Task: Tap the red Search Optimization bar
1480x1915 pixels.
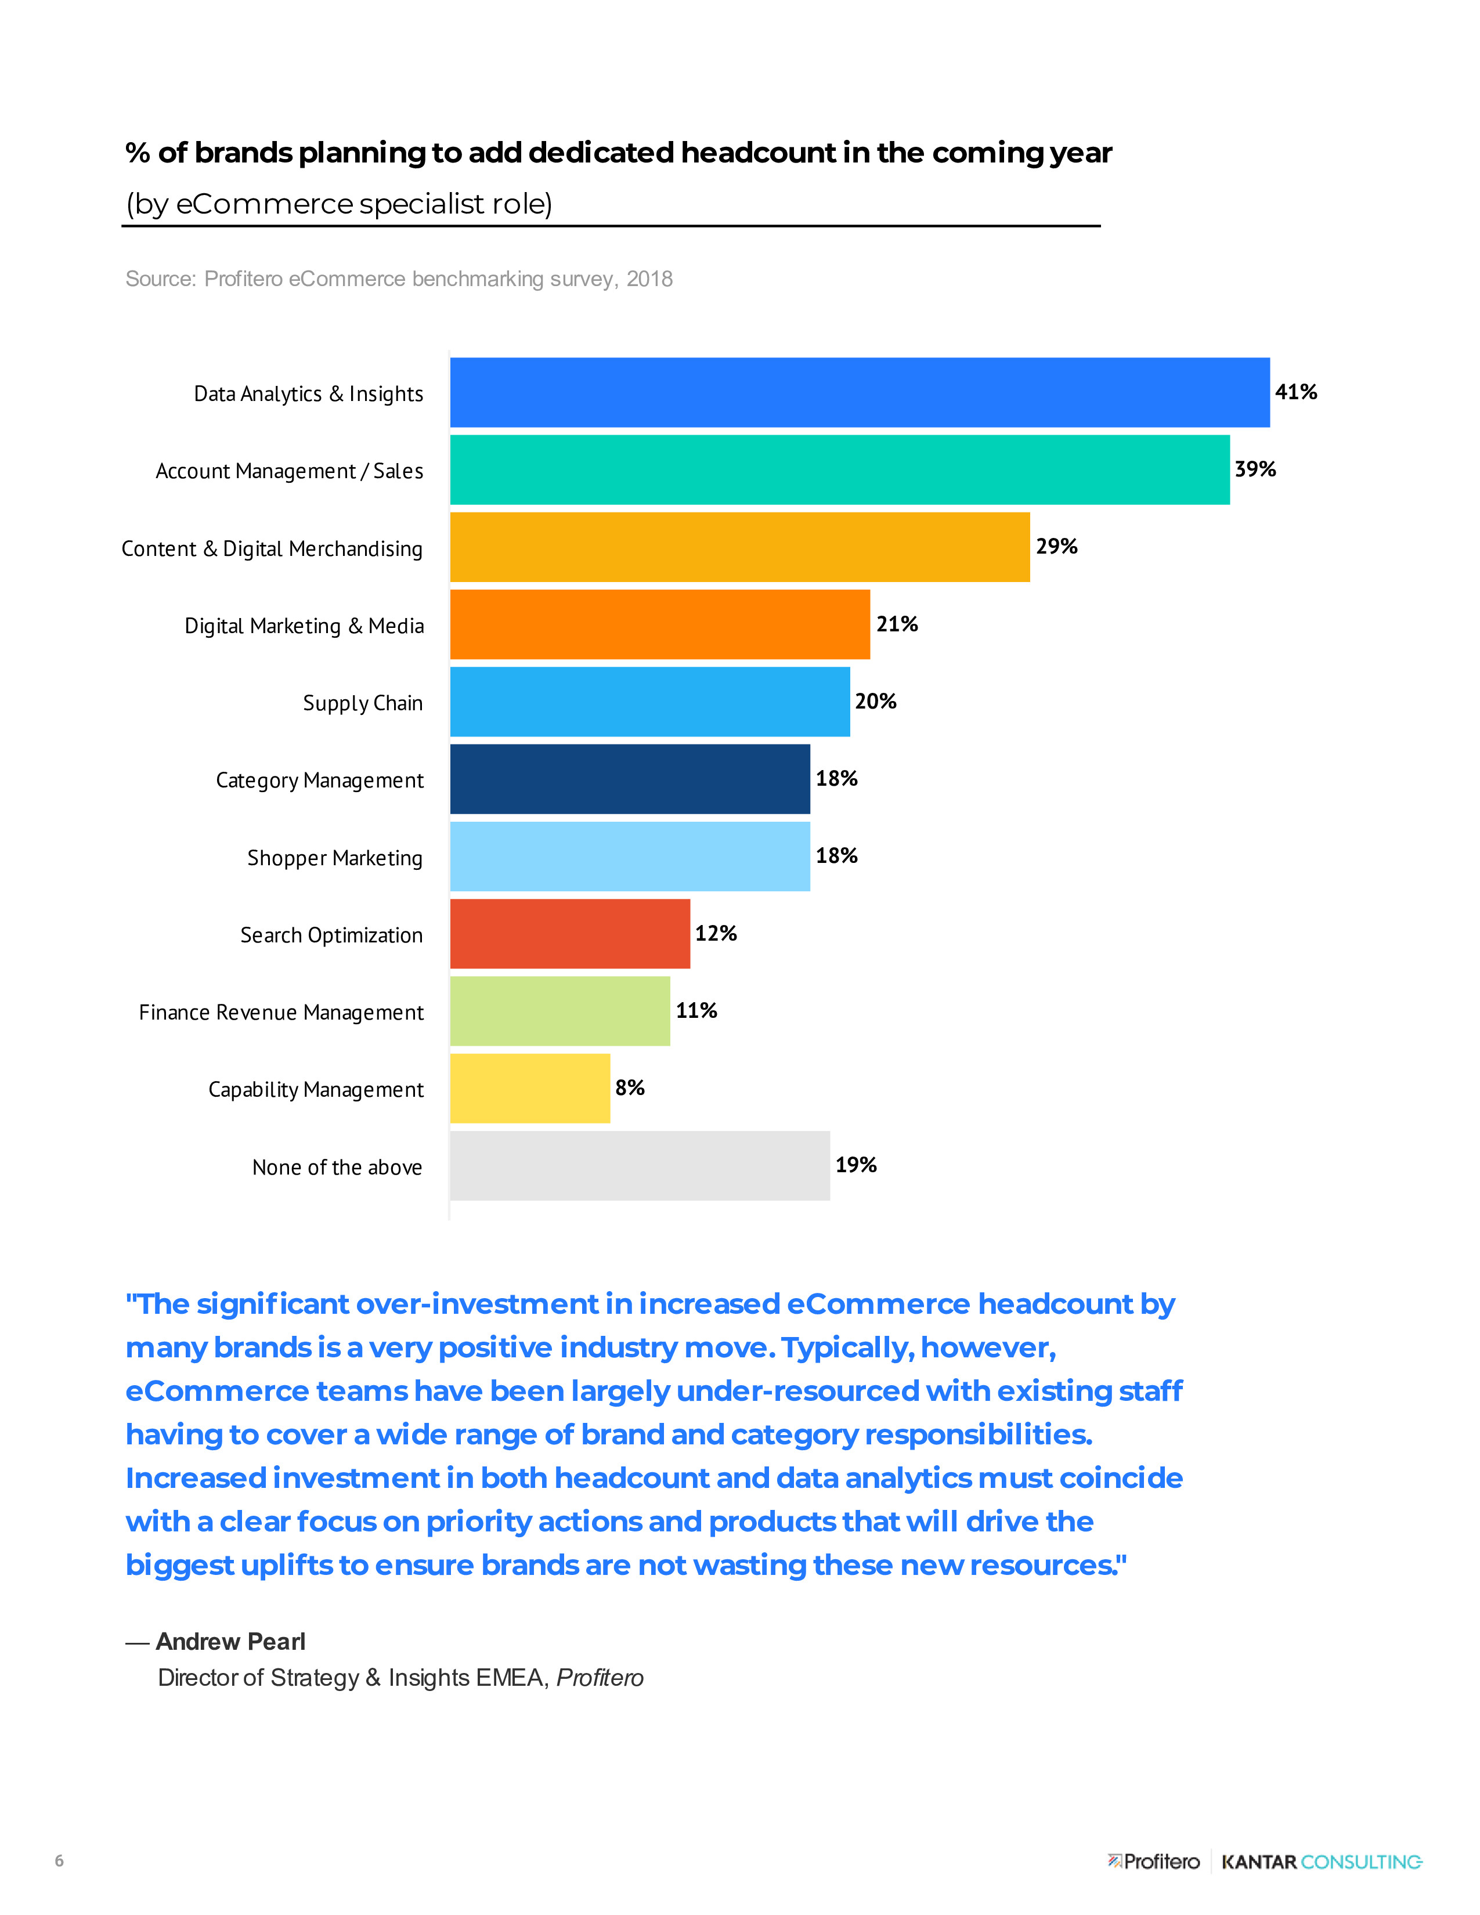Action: click(x=570, y=933)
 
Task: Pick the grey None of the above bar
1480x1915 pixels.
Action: click(x=639, y=1165)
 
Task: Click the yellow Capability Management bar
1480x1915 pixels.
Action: click(x=529, y=1088)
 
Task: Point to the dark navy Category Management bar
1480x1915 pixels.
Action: click(x=630, y=779)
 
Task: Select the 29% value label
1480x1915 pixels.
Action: click(x=1056, y=546)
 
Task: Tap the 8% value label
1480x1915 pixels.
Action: click(x=630, y=1088)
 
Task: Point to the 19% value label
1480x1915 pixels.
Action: click(x=855, y=1165)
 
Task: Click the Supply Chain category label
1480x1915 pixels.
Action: click(x=362, y=703)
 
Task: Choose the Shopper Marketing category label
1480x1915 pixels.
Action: click(x=334, y=858)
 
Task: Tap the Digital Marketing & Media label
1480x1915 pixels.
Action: click(x=304, y=626)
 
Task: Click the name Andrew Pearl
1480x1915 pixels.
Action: click(x=230, y=1642)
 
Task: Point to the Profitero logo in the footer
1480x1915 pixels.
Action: click(x=1154, y=1862)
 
